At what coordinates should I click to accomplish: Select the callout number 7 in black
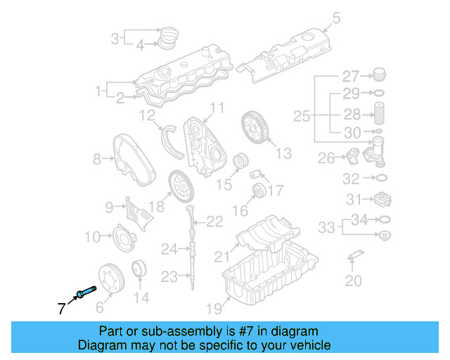tap(61, 307)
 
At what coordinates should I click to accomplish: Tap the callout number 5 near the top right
tap(336, 18)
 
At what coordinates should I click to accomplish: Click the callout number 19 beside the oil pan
tap(213, 307)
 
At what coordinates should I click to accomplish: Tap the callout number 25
tap(301, 115)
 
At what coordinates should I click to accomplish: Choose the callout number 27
tap(350, 76)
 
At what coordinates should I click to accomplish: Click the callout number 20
tap(353, 281)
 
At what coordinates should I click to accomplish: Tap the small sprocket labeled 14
tap(139, 269)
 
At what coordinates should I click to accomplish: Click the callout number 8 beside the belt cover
tap(97, 160)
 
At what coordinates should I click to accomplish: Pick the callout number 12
tap(146, 115)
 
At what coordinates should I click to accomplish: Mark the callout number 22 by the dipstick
tap(214, 222)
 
